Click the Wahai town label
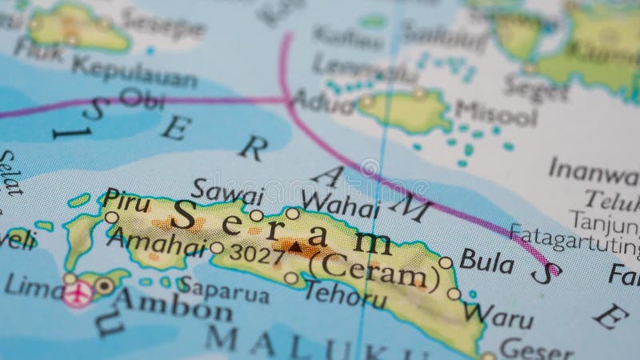click(x=340, y=207)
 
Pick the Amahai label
click(x=157, y=241)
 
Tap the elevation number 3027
click(x=255, y=256)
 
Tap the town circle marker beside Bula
click(x=446, y=262)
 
